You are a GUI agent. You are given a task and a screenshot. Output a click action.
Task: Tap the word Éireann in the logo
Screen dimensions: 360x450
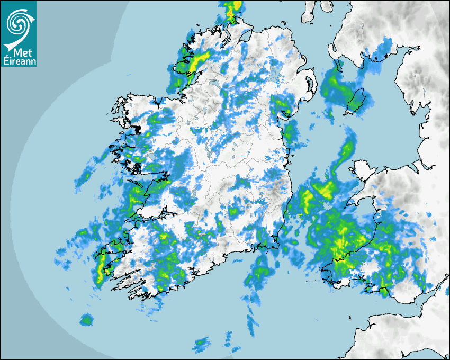(x=19, y=61)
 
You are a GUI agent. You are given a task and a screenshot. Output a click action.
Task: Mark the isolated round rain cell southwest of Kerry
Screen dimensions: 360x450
(x=86, y=320)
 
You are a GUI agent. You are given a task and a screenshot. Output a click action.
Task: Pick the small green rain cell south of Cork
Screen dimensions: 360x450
(x=201, y=345)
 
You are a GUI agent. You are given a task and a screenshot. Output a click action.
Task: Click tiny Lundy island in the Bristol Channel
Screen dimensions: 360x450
(x=351, y=317)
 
